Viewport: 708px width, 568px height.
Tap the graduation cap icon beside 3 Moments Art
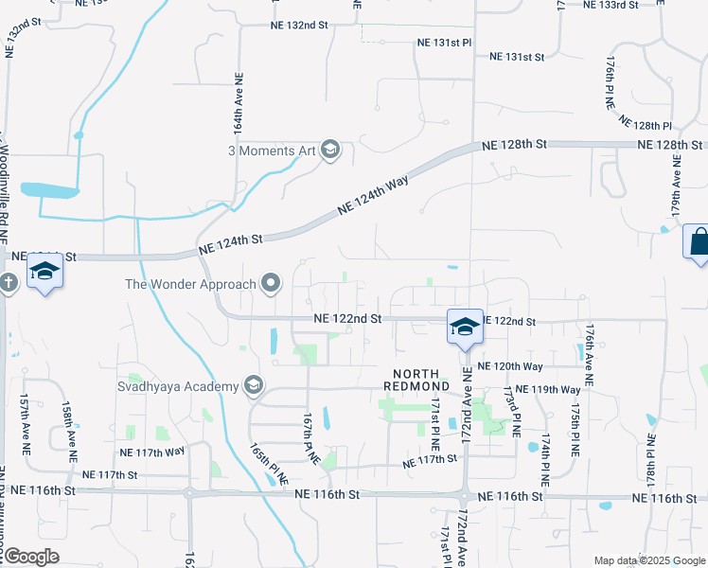[329, 151]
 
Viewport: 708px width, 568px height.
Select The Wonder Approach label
[190, 284]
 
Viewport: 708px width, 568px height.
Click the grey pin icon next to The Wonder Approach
[272, 283]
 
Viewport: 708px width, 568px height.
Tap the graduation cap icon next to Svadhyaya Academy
[253, 385]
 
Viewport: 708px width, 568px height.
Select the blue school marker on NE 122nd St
[465, 328]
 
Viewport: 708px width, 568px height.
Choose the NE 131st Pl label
[444, 44]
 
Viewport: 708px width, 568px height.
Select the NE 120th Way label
[509, 366]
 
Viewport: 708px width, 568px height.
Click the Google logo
[30, 556]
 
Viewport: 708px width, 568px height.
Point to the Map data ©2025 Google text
[648, 560]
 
